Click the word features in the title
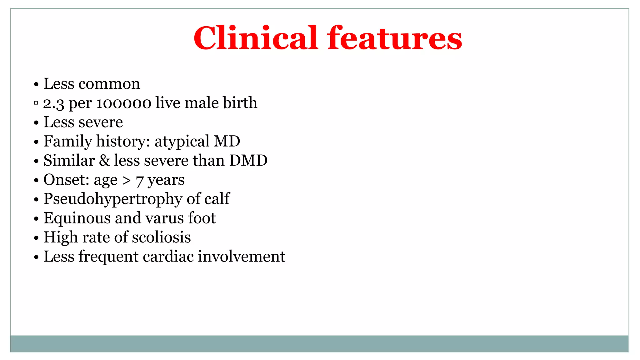tap(394, 38)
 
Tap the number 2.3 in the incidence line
tap(53, 103)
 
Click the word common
tap(109, 84)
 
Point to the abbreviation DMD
tap(248, 161)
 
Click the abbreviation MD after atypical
tap(227, 141)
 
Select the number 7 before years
tap(140, 181)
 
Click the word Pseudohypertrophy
tap(112, 199)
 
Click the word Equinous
tap(77, 218)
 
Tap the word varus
tap(165, 218)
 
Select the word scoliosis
tap(161, 237)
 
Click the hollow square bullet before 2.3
tap(36, 103)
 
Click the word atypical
tap(182, 142)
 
